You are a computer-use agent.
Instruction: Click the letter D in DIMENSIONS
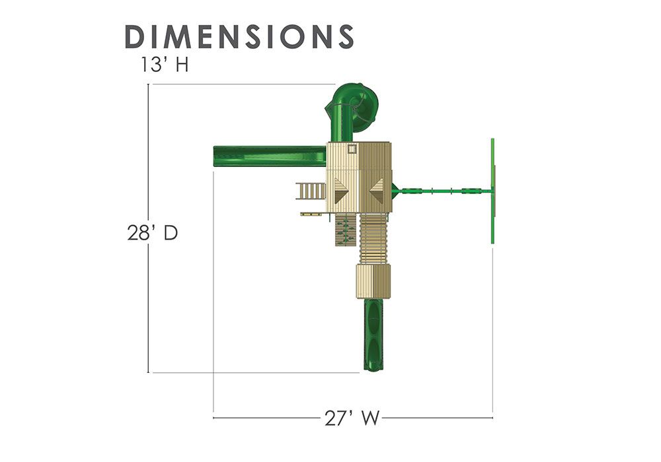pos(136,36)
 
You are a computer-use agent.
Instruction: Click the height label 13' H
pos(165,65)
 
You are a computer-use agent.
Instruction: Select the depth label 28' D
pos(153,232)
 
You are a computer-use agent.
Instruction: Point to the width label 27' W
pos(352,418)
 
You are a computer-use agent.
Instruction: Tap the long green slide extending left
pos(270,156)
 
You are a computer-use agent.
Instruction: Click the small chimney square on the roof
pos(352,148)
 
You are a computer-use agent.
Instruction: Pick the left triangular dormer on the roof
pos(338,191)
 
